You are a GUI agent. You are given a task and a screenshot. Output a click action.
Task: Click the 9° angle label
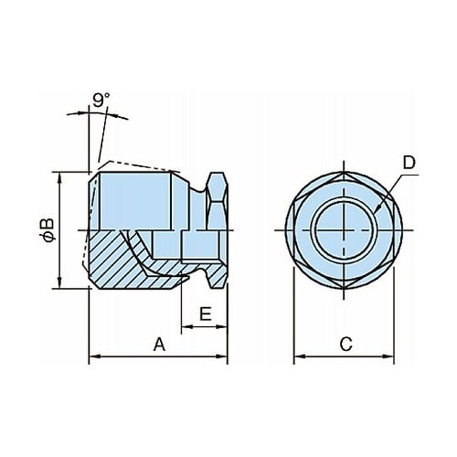pyautogui.click(x=101, y=101)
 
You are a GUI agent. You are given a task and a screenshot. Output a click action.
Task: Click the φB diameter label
pyautogui.click(x=48, y=230)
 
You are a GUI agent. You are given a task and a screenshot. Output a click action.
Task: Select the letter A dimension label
pyautogui.click(x=159, y=345)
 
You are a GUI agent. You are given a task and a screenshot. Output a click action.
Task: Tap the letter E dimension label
pyautogui.click(x=206, y=314)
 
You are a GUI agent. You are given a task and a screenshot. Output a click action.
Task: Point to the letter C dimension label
pyautogui.click(x=346, y=345)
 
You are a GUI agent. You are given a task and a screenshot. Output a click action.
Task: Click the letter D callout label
pyautogui.click(x=409, y=163)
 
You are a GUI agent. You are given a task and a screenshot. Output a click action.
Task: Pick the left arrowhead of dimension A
pyautogui.click(x=93, y=356)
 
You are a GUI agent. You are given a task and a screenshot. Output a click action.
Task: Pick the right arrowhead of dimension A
pyautogui.click(x=222, y=356)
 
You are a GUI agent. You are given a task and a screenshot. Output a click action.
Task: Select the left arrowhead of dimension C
pyautogui.click(x=299, y=356)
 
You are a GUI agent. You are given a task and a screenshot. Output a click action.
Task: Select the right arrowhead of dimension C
pyautogui.click(x=388, y=356)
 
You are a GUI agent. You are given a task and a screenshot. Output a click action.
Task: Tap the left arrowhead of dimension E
pyautogui.click(x=186, y=327)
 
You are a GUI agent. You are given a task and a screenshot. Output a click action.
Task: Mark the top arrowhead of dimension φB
pyautogui.click(x=59, y=177)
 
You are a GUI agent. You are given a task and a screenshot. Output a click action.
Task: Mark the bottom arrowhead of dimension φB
pyautogui.click(x=59, y=282)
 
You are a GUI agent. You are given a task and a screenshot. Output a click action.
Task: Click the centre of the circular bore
pyautogui.click(x=344, y=230)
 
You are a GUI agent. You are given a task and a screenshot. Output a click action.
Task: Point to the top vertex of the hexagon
pyautogui.click(x=344, y=172)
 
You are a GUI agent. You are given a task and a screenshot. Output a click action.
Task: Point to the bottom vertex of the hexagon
pyautogui.click(x=344, y=288)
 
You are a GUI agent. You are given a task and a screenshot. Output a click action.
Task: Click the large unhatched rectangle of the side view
pyautogui.click(x=134, y=201)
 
